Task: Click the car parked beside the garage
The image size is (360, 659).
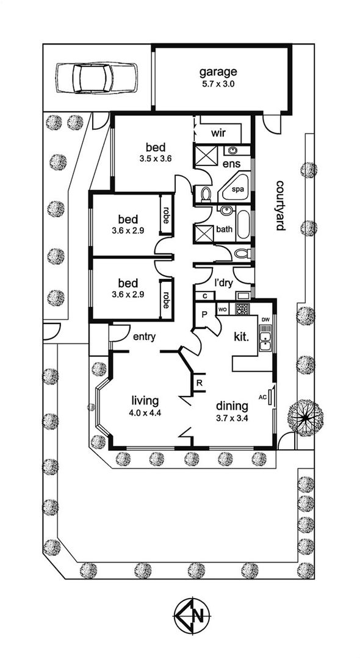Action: point(96,78)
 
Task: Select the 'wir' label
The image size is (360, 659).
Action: point(218,134)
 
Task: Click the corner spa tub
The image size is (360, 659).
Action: point(236,187)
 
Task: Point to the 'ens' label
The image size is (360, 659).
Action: point(231,163)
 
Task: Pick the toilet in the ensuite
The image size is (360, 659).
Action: point(205,194)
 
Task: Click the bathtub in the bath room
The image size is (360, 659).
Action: point(244,225)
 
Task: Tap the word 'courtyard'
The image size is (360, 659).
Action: point(280,206)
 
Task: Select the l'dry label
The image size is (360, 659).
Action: point(223,283)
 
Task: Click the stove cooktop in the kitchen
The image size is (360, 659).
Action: point(242,309)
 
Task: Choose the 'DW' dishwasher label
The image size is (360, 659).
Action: point(265,320)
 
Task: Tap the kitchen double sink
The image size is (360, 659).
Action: point(265,341)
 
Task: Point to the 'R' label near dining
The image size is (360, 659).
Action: point(200,383)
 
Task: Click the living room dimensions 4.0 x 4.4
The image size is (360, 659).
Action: point(146,412)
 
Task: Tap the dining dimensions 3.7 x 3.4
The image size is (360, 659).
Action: point(232,419)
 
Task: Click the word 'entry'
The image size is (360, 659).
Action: point(145,336)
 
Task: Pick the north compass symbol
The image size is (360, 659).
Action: point(192,617)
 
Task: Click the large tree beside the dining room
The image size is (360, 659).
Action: point(306,417)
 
